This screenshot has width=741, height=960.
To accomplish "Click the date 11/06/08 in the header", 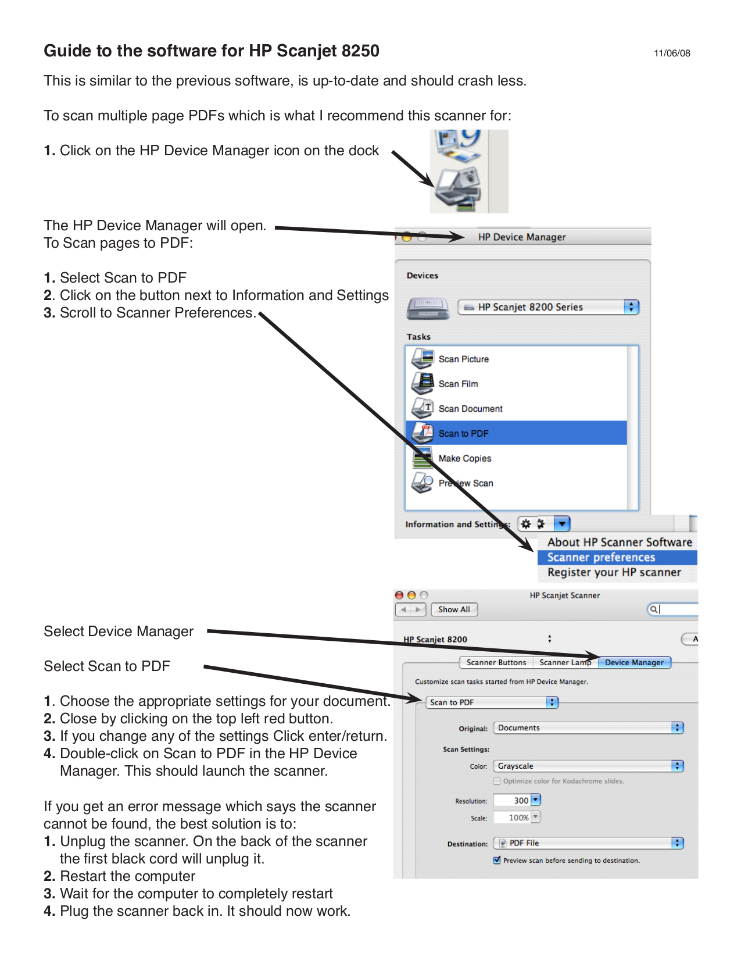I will [x=672, y=53].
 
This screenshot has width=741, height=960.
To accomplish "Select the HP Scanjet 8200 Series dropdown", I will [x=548, y=307].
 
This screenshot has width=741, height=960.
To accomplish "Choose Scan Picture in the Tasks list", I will [x=463, y=359].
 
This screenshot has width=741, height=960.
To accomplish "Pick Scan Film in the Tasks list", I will [x=458, y=384].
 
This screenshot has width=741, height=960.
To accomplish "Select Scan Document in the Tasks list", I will [x=470, y=409].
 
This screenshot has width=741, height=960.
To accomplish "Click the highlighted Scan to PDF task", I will [x=463, y=433].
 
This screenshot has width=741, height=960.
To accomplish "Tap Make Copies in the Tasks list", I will [x=464, y=458].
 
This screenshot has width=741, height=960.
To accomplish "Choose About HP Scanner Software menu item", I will [x=619, y=543].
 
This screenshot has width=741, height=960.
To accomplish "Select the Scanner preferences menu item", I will [x=601, y=558].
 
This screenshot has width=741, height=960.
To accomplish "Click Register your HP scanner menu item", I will [x=614, y=573].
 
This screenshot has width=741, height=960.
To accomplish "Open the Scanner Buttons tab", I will [x=496, y=662].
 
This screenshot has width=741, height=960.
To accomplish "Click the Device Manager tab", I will [x=634, y=662].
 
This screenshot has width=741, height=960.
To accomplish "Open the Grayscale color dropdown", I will [x=588, y=766].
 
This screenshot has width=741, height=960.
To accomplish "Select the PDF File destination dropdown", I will [x=588, y=843].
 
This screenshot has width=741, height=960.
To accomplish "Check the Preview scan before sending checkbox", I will [x=497, y=861].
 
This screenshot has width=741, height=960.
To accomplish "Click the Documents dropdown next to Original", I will [x=588, y=728].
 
